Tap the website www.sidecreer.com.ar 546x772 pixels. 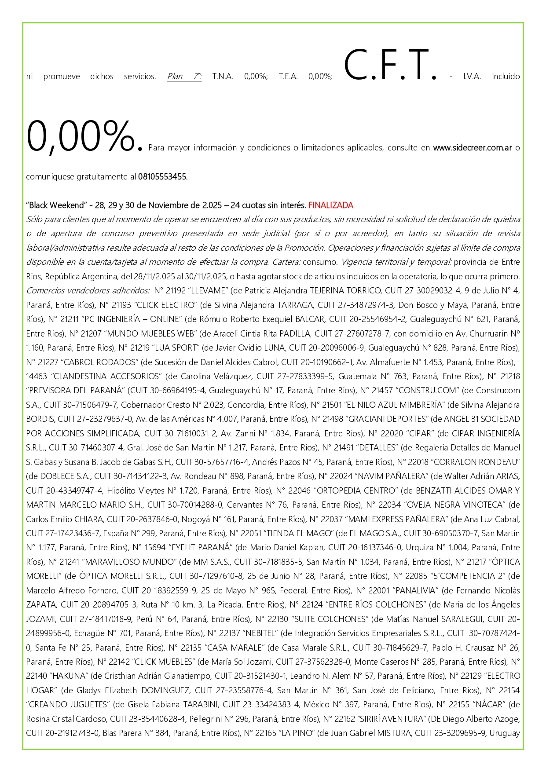(x=472, y=148)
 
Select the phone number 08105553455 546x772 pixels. (x=163, y=177)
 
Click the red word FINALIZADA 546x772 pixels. (x=330, y=205)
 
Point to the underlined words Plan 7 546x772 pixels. (x=184, y=77)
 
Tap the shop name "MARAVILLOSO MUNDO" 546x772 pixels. (x=130, y=562)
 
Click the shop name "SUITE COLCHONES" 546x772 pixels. (x=324, y=619)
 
